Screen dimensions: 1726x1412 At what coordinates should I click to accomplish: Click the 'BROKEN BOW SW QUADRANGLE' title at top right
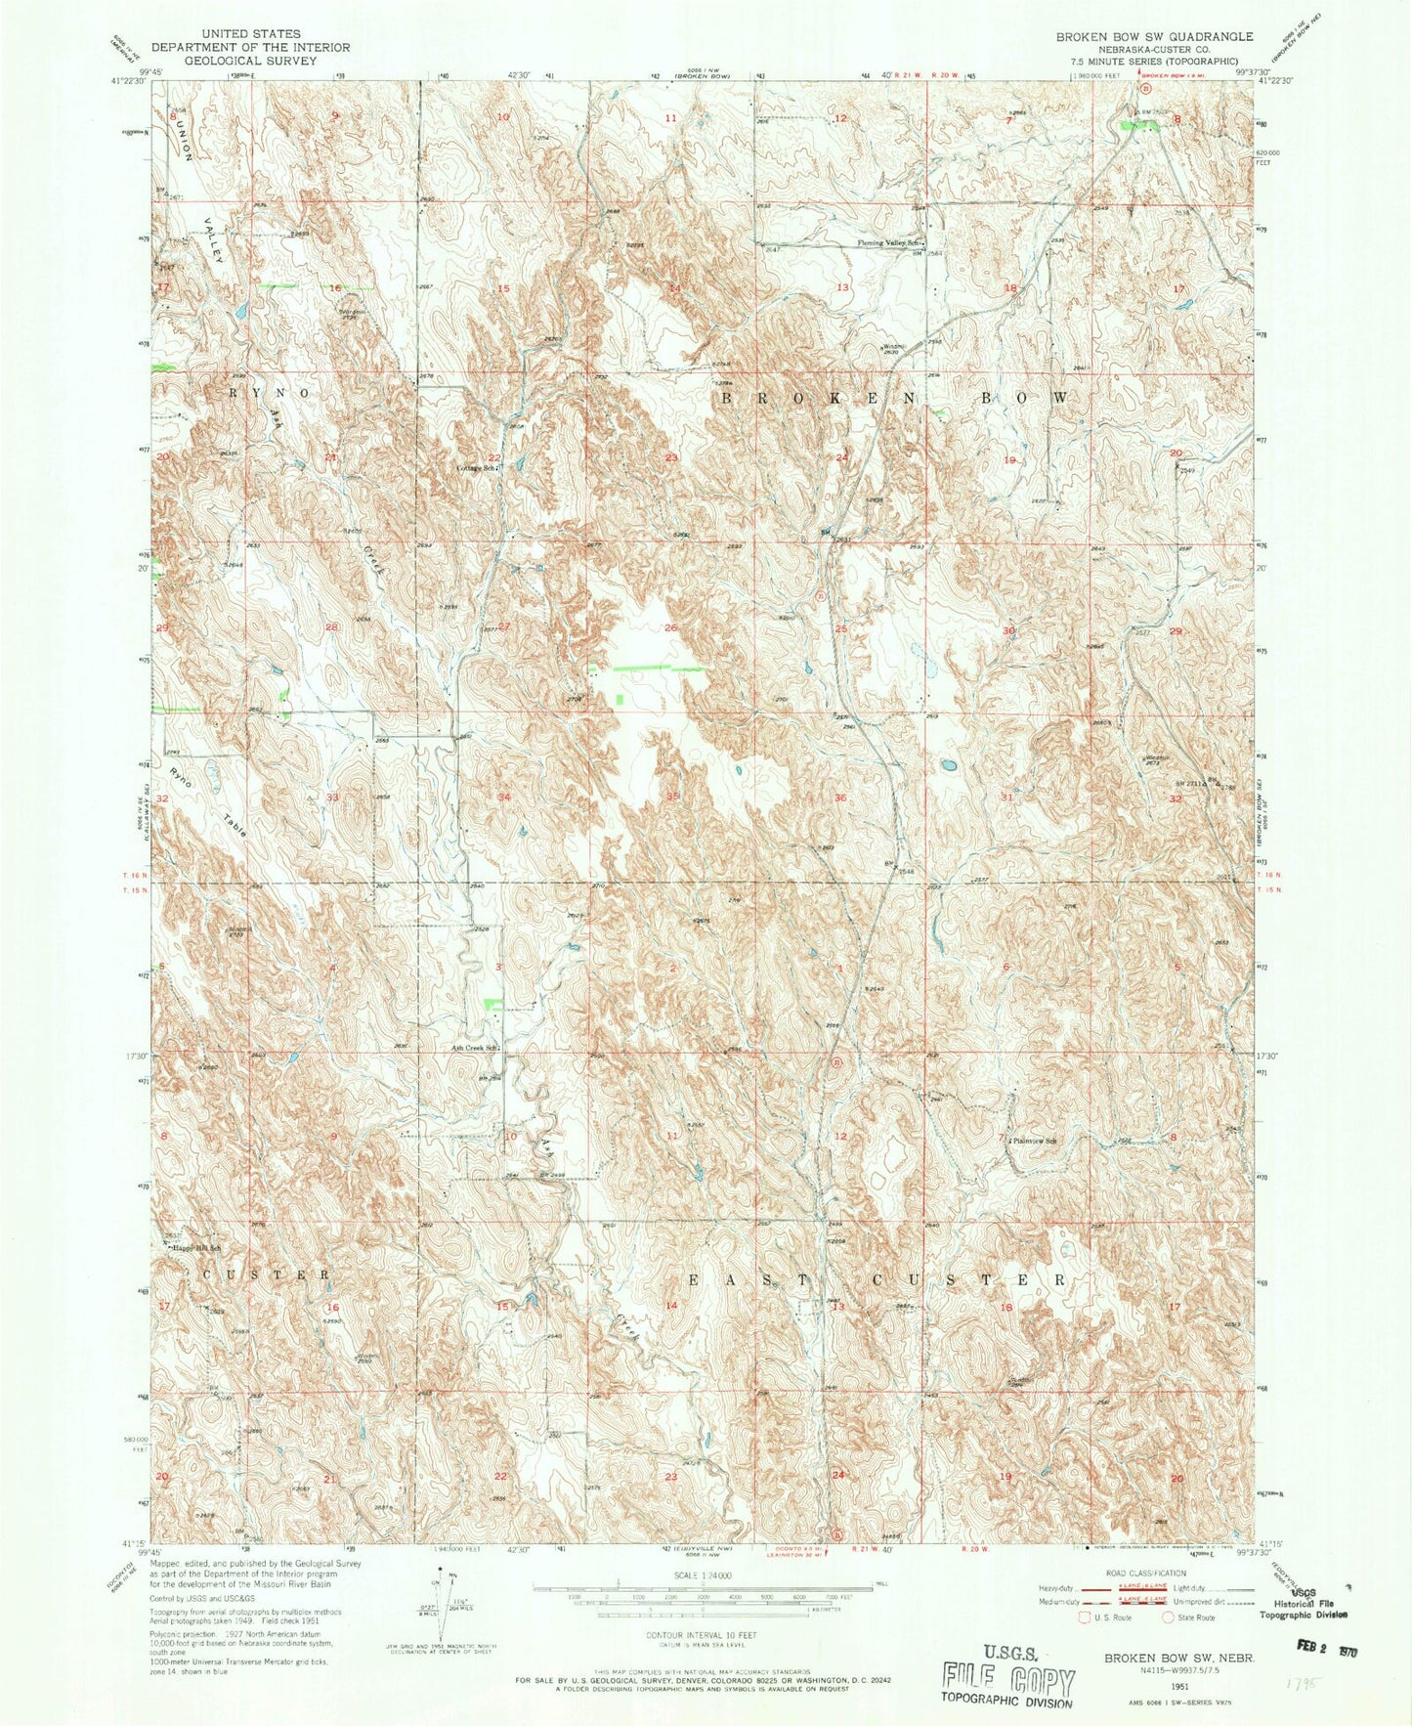click(1153, 36)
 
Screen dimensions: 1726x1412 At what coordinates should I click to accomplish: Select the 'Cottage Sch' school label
click(478, 468)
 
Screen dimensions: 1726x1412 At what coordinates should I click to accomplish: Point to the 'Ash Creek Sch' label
click(475, 1049)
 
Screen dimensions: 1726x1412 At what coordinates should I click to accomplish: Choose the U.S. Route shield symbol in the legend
click(1084, 1617)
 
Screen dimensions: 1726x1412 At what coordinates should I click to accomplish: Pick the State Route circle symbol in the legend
click(1168, 1617)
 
